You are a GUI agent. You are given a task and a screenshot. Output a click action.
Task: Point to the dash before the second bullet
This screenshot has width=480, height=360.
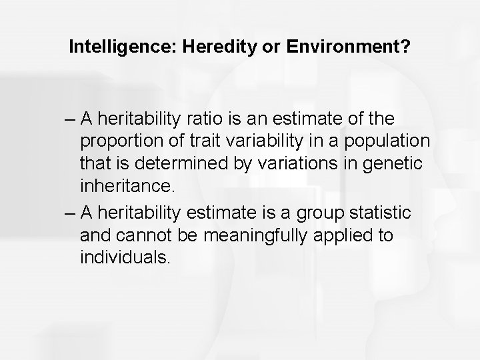(x=70, y=211)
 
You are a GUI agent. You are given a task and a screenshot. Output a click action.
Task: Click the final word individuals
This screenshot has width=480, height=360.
(x=125, y=257)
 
